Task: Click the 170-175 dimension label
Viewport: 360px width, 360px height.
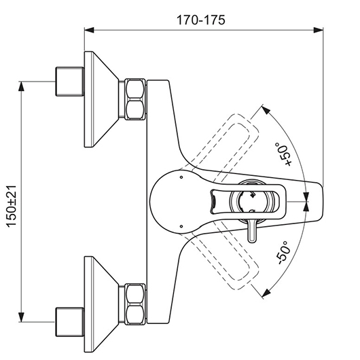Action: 201,20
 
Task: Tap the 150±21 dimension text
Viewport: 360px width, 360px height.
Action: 12,206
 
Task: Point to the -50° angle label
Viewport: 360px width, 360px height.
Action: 283,253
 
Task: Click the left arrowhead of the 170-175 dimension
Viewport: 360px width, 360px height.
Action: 89,30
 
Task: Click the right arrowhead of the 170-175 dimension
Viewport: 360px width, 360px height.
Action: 319,30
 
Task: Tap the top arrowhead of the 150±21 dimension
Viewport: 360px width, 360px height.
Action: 21,86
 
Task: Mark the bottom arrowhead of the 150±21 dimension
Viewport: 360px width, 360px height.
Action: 21,317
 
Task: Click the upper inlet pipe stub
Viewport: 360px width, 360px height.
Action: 70,82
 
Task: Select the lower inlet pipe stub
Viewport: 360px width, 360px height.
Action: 70,322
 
